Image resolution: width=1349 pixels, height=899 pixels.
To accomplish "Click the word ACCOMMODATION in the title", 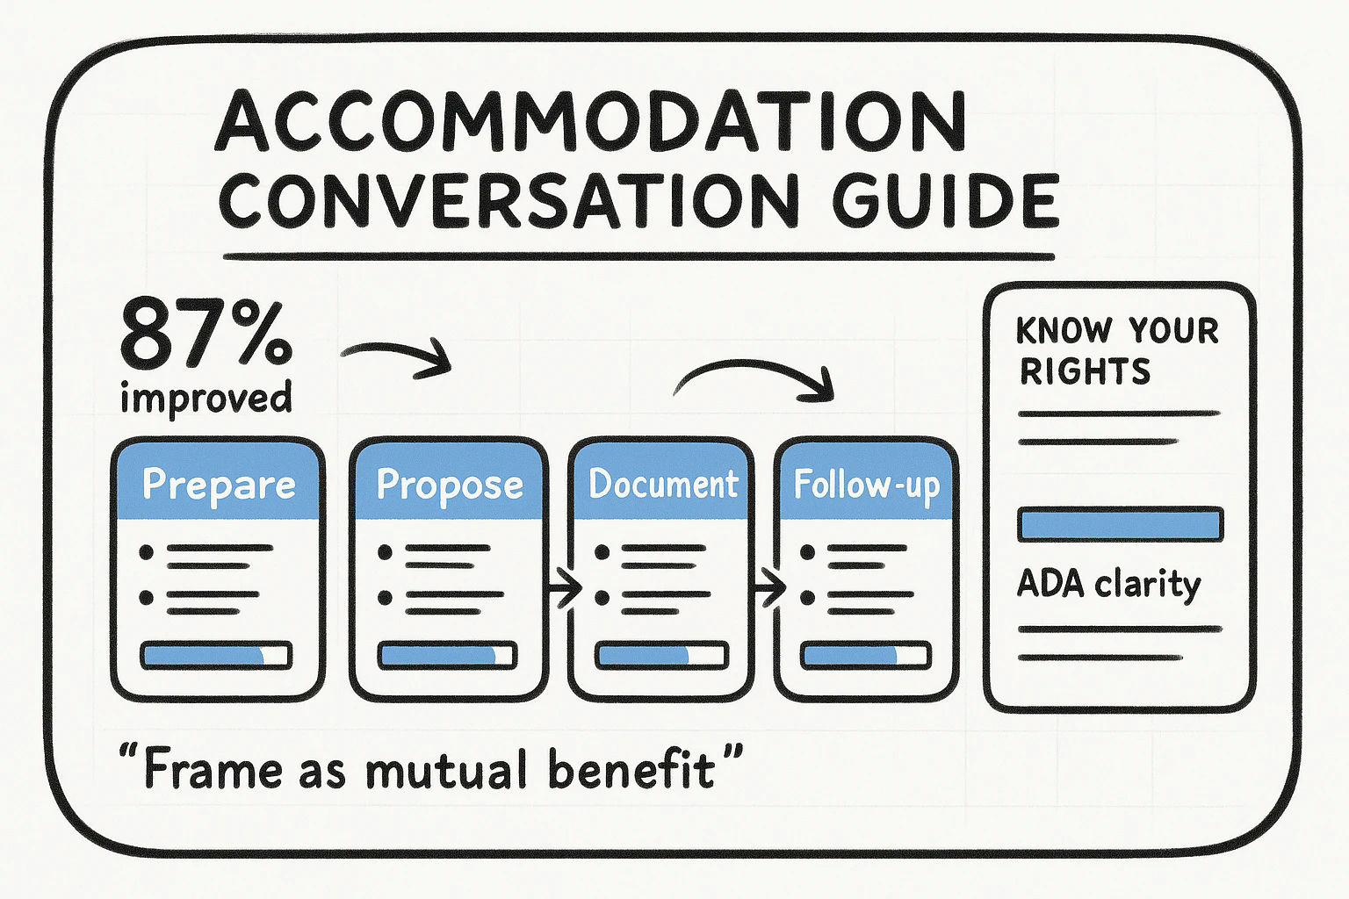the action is [x=590, y=123].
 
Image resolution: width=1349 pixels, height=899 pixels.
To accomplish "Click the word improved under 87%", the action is [x=206, y=398].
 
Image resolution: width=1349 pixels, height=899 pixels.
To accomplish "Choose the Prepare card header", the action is [x=219, y=485].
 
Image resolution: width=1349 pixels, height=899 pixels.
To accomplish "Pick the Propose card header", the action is [x=449, y=485].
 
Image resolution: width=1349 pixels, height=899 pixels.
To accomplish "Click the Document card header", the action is [x=663, y=485].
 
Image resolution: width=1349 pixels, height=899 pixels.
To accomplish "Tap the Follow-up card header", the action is [x=866, y=485].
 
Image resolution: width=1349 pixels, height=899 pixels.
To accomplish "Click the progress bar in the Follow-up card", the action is [x=866, y=656].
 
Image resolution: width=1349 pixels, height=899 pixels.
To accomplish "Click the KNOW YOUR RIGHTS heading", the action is [x=1117, y=351].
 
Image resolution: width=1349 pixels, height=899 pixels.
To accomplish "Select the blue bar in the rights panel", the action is [x=1120, y=524].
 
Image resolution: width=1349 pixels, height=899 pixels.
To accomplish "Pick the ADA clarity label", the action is [x=1108, y=585].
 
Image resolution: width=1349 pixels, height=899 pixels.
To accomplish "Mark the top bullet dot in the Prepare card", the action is [x=147, y=552].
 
